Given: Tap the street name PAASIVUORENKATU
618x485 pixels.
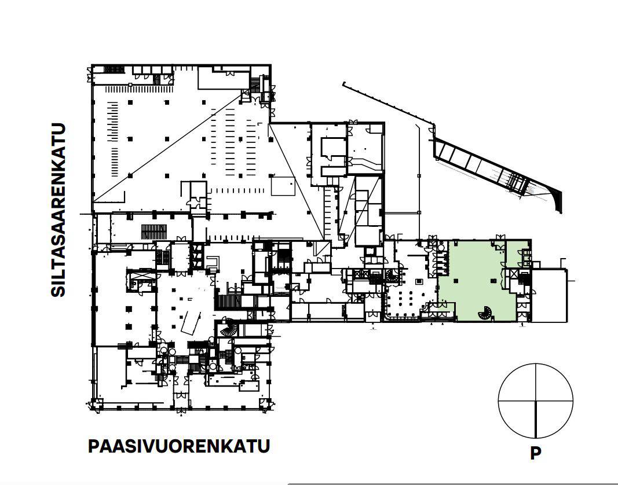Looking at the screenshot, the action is coord(179,446).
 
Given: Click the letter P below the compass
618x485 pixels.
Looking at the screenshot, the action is coord(535,453).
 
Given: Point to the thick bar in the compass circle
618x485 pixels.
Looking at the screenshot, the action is coord(536,419).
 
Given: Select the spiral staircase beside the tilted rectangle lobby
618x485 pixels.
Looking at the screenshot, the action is coord(229,327).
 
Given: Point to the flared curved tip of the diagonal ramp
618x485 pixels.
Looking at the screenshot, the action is coord(558,201).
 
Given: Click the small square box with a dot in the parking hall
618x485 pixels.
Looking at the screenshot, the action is coord(283,186).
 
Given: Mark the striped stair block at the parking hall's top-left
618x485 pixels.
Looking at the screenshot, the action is coord(114,69).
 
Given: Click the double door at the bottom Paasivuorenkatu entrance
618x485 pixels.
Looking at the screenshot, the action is coord(181,395).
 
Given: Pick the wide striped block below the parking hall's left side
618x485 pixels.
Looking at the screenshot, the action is coord(154,232).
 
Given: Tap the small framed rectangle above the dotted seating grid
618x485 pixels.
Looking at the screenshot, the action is coord(419,281).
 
